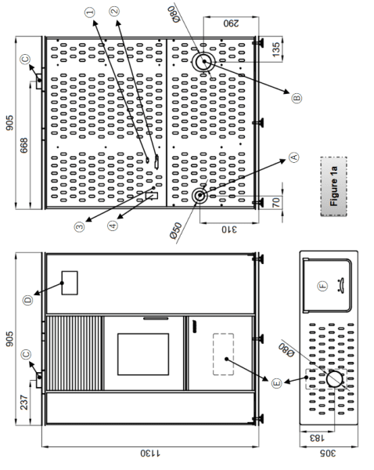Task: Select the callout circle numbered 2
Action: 114,12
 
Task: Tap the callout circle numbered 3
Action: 79,226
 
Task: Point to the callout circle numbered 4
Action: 113,226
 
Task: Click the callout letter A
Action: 293,157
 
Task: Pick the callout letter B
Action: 297,98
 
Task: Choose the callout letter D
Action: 28,300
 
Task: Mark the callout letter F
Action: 322,286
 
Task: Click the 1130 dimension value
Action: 150,453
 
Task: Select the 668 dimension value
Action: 23,146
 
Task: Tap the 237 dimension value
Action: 23,403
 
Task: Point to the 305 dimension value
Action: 327,453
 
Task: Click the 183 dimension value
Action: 316,438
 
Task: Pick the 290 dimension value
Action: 231,23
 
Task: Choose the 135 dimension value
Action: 276,49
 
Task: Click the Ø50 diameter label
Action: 176,231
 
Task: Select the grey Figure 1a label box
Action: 334,186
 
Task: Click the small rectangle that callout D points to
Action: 70,283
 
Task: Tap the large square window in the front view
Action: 143,354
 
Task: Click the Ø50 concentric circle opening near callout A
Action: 200,196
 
